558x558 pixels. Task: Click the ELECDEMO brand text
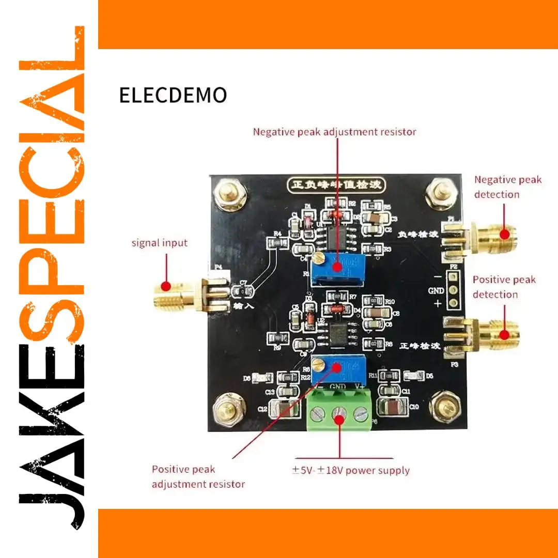tap(173, 96)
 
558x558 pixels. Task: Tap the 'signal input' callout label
tap(159, 243)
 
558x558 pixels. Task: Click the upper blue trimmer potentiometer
tap(338, 266)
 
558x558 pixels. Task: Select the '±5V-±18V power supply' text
tap(351, 470)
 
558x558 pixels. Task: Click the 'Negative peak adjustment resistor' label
tap(334, 132)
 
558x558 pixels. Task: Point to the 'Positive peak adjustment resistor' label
tap(198, 476)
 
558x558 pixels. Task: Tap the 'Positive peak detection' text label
tap(504, 287)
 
